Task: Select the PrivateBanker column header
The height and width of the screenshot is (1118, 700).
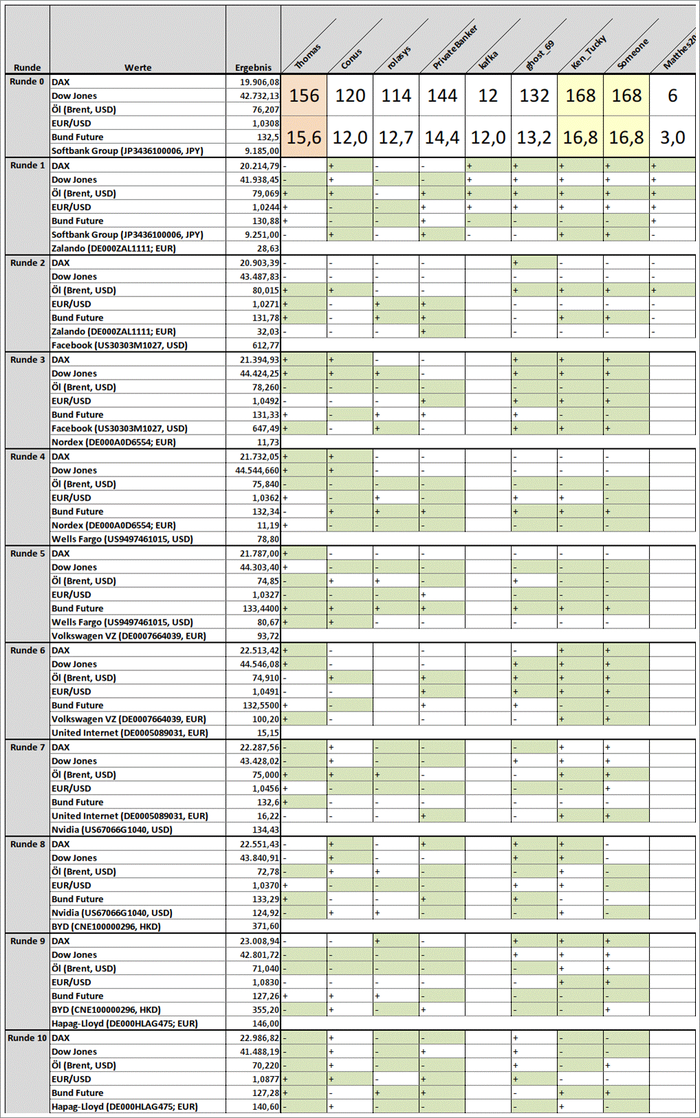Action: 455,47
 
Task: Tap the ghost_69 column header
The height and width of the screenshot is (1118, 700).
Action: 539,55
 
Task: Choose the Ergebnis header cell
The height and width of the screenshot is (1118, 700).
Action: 253,67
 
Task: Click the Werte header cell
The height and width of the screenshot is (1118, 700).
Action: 138,67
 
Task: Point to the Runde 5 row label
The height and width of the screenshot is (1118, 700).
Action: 28,553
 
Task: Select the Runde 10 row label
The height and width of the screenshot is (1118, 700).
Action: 28,1038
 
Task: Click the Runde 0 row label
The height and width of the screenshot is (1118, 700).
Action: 28,82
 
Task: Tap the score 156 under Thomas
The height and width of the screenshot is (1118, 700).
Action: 304,96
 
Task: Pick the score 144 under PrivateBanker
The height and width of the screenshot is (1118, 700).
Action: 442,96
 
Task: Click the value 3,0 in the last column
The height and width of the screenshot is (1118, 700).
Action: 672,138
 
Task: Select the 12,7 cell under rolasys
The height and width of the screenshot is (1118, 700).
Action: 396,138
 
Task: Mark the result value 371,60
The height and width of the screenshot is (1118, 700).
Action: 265,926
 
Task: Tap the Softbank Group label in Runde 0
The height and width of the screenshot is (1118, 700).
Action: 127,151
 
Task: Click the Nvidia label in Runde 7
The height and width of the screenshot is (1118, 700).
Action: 112,829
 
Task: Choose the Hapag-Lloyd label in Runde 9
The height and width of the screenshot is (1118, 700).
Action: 124,1023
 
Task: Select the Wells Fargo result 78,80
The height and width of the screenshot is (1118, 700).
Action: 268,539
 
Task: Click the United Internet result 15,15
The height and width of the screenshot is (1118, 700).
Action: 268,733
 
